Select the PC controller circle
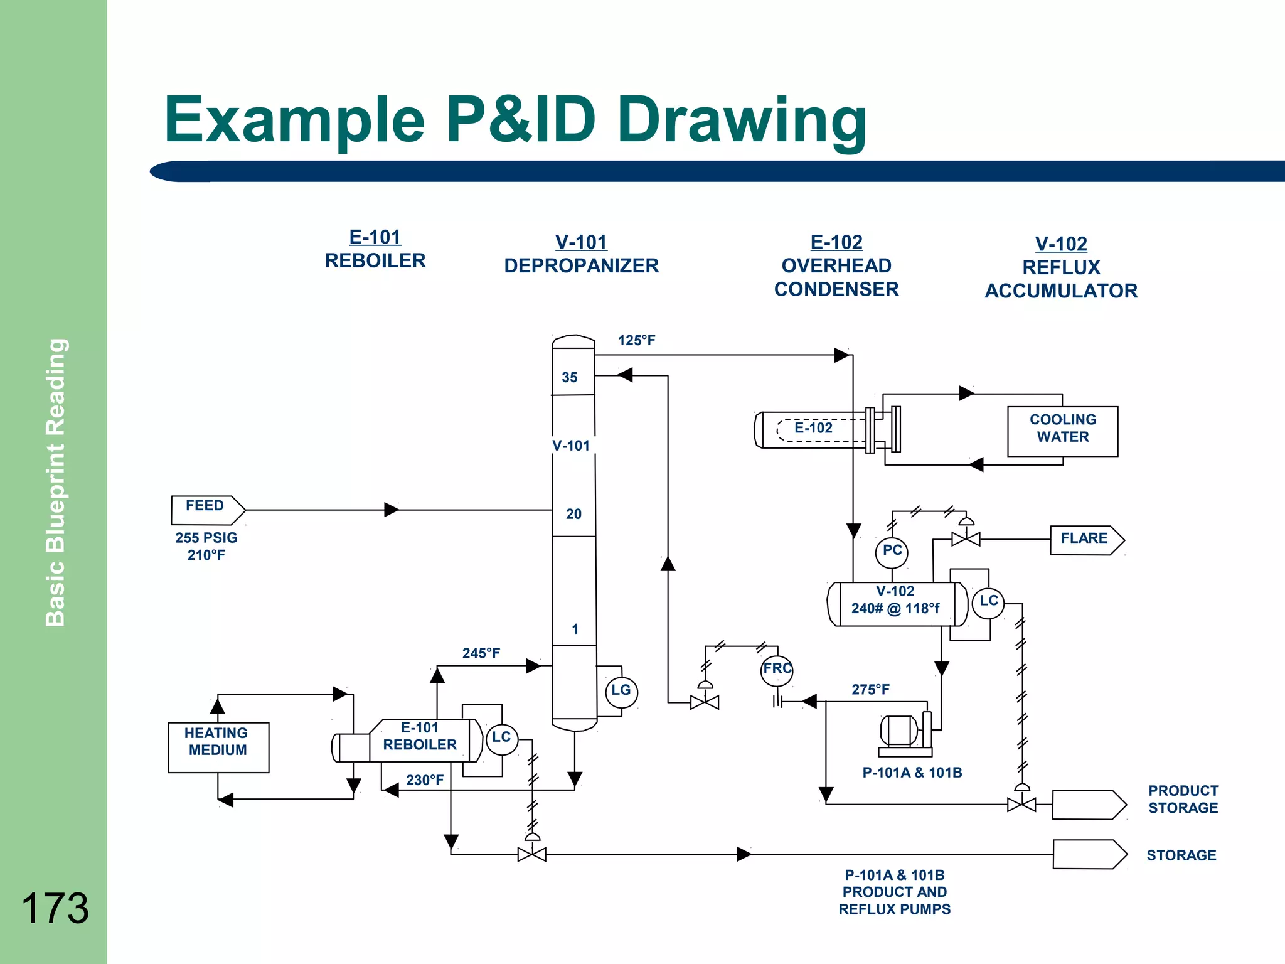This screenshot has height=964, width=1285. (x=892, y=552)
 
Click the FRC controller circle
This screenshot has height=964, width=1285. (x=777, y=670)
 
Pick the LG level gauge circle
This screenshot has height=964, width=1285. (x=621, y=692)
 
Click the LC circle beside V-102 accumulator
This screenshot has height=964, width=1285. (x=988, y=602)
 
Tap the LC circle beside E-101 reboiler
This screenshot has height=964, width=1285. (x=501, y=739)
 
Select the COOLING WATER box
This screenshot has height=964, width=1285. (x=1062, y=431)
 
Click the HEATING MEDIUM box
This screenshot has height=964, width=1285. (x=218, y=746)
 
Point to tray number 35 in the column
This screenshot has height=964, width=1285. (x=570, y=378)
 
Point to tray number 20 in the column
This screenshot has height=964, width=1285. (x=573, y=515)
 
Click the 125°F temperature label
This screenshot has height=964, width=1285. (x=636, y=341)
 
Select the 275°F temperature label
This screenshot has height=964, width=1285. (x=870, y=690)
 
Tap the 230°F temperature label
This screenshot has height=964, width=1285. (x=425, y=780)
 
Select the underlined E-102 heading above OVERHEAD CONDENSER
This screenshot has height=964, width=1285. (x=836, y=242)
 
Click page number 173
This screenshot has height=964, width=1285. (x=55, y=908)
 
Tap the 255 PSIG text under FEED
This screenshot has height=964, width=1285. (x=206, y=538)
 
